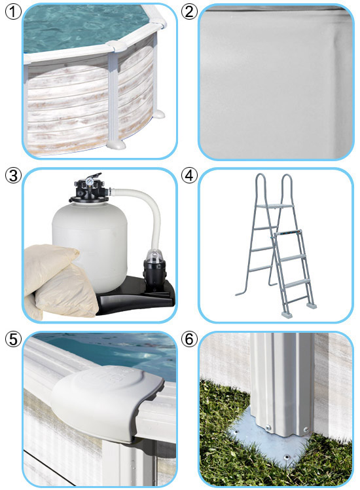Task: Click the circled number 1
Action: (14, 12)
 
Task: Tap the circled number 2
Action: (189, 12)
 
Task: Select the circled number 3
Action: (14, 176)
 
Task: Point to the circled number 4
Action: (189, 176)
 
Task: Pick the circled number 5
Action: (14, 339)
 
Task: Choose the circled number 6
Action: (189, 339)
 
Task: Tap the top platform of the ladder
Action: (276, 206)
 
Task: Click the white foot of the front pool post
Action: (116, 145)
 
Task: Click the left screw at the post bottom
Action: (268, 427)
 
